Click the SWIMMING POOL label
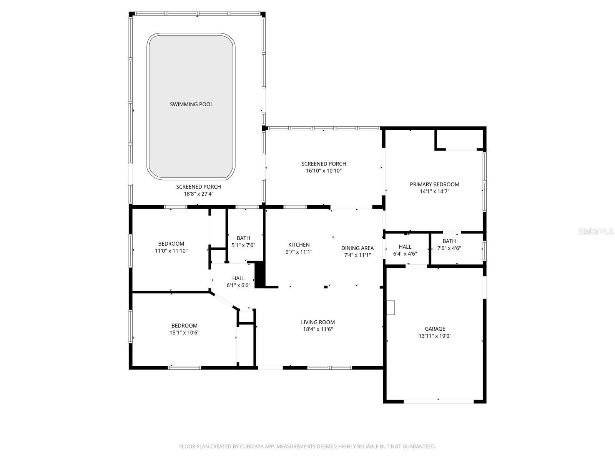[191, 104]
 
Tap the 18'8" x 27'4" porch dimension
[198, 194]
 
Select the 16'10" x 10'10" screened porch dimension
[324, 171]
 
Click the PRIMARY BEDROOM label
[434, 184]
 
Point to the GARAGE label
[435, 329]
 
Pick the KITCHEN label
[299, 245]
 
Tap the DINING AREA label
[357, 248]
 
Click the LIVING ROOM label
[318, 322]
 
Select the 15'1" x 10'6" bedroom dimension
[184, 332]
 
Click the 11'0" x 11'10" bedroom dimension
[171, 251]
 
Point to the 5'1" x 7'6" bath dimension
[243, 245]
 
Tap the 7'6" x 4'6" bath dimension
[449, 248]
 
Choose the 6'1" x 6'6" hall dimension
[238, 285]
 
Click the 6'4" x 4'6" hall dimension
[405, 254]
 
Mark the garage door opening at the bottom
[439, 401]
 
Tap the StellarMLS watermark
[596, 231]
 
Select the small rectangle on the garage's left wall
[391, 308]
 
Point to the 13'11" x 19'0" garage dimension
[435, 336]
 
